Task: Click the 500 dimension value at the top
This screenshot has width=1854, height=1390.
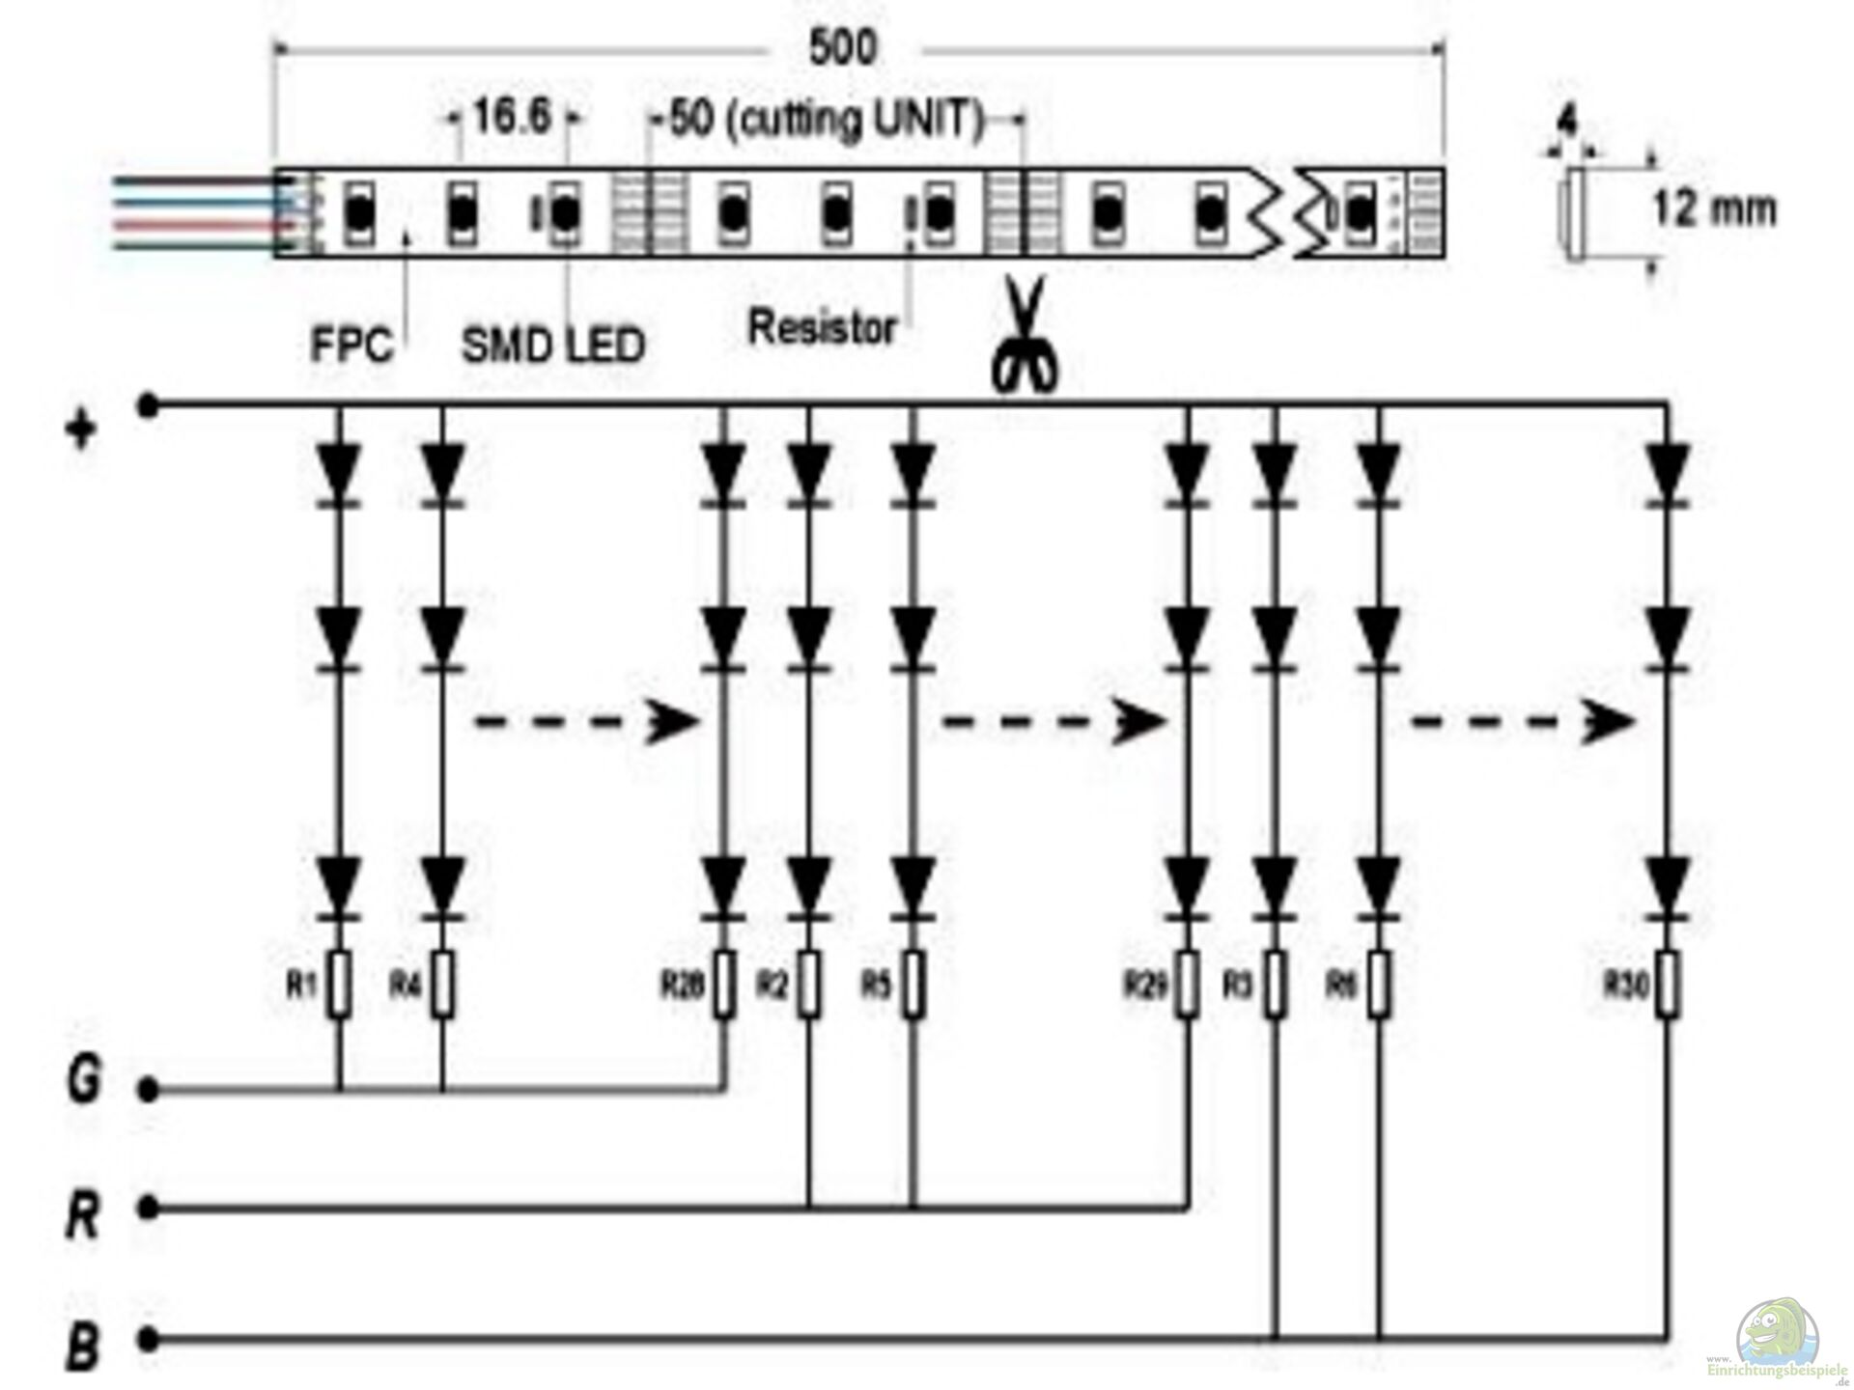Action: [843, 47]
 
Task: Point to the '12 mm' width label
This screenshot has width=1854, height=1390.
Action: [1714, 208]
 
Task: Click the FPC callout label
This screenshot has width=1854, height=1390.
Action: [351, 345]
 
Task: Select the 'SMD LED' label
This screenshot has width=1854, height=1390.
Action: [552, 345]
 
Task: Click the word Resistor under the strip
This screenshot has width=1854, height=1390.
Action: [822, 328]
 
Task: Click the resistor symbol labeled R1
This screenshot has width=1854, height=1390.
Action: [339, 984]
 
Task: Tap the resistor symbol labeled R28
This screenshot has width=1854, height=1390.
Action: [725, 984]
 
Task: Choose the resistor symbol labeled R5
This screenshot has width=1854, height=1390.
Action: [913, 984]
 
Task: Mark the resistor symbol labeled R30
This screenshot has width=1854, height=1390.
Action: [1667, 984]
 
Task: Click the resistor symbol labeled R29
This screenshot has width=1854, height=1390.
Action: [1188, 984]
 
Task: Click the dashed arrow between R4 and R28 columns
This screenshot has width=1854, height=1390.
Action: [585, 722]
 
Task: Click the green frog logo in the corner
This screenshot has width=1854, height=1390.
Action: [1778, 1338]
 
